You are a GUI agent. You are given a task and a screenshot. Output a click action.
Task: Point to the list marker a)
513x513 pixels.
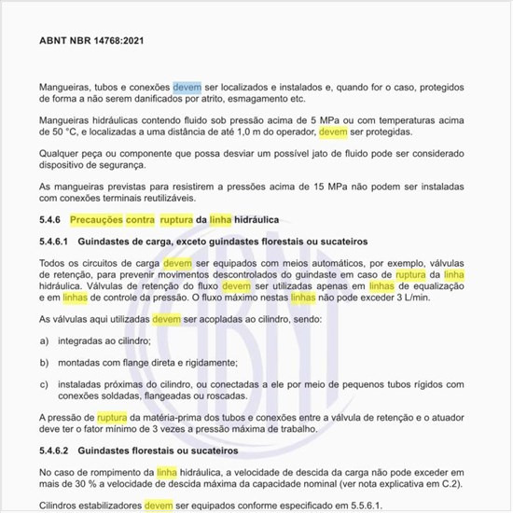pos(45,341)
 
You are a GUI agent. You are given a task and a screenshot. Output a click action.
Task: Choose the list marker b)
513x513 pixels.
pos(45,362)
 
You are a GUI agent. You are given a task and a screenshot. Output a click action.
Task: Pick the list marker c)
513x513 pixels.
pos(45,382)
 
